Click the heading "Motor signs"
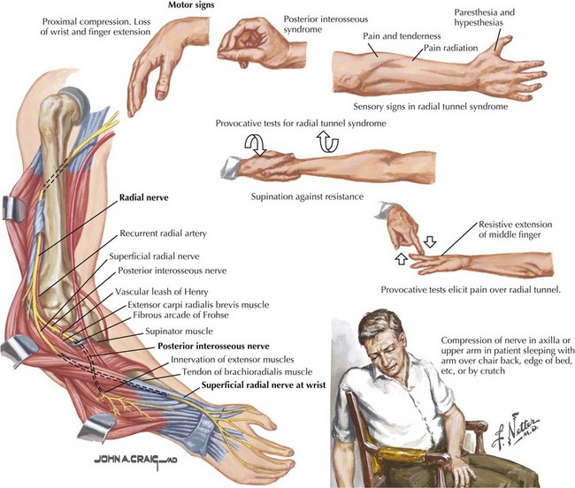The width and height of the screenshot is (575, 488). click(x=191, y=5)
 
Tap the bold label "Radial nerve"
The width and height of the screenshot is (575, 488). click(x=143, y=197)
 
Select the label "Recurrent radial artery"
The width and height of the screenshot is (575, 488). click(x=163, y=233)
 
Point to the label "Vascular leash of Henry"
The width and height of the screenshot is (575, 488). click(x=162, y=292)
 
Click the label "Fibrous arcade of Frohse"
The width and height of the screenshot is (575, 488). click(x=180, y=315)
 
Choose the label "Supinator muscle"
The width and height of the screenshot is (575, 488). click(x=179, y=332)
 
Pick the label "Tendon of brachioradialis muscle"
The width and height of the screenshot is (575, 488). click(x=247, y=372)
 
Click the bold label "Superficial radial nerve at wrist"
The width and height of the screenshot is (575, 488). click(x=264, y=385)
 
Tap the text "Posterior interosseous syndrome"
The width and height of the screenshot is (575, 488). click(x=326, y=24)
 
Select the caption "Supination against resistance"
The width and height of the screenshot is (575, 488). click(x=307, y=197)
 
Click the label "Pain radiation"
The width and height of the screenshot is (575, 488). click(x=450, y=48)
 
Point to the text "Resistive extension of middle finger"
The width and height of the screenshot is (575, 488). click(x=515, y=229)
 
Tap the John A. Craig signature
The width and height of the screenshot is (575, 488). click(x=135, y=460)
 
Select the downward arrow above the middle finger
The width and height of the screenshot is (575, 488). click(x=430, y=241)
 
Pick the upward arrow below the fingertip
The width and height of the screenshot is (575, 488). click(x=402, y=258)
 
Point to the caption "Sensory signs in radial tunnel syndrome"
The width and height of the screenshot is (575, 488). click(x=431, y=107)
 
